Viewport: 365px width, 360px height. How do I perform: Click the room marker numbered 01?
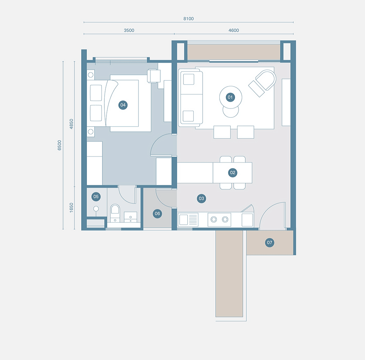230,97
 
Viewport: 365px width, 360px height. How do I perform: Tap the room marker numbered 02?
233,173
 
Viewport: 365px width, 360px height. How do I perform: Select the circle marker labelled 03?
202,198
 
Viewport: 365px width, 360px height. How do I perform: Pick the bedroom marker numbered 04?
123,105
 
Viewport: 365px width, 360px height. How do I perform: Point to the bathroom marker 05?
96,196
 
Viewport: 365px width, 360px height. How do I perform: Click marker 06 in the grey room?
157,213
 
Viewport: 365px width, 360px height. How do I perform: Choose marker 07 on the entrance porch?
270,243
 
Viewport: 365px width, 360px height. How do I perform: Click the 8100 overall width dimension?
188,19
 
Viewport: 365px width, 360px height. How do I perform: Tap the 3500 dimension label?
129,31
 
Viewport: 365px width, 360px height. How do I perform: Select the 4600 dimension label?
234,31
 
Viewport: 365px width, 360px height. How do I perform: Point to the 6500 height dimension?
59,145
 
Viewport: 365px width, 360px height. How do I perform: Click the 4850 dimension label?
71,124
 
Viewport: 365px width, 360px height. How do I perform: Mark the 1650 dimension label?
71,208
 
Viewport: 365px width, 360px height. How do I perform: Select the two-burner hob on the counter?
219,219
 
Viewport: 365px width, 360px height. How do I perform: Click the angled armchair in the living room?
263,83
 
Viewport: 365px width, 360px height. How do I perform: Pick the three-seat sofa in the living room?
191,97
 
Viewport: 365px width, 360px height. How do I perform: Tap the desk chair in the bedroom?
153,76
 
